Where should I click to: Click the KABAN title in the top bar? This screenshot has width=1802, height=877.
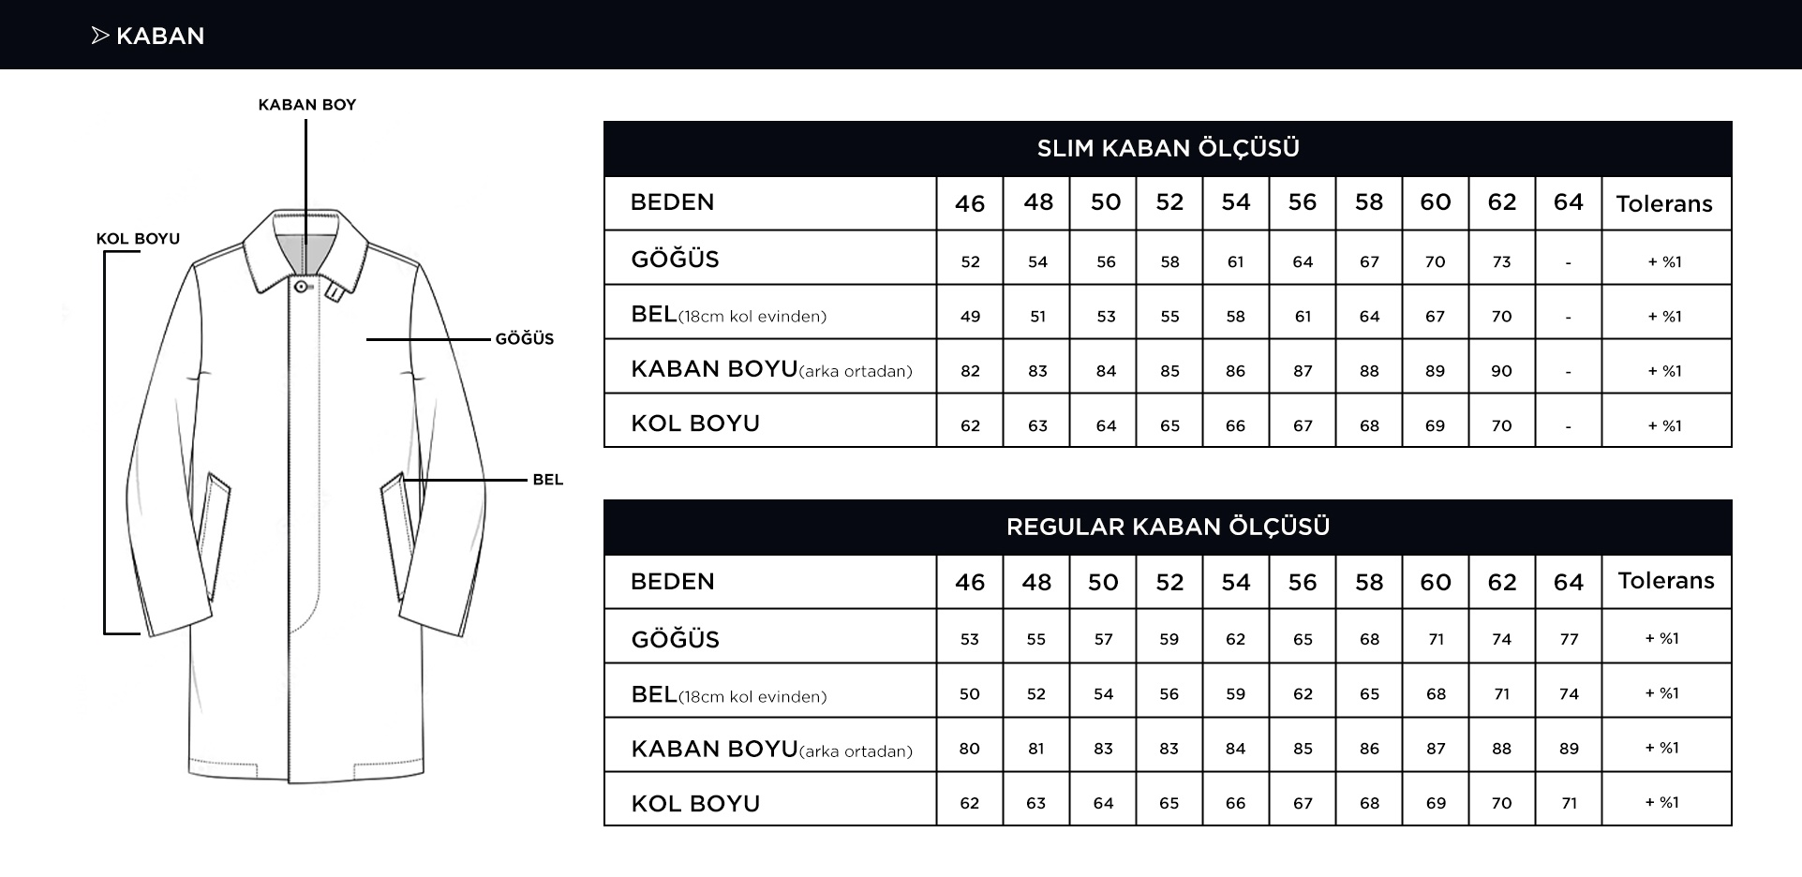pos(159,36)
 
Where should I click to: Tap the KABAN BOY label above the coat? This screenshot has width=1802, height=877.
pos(307,105)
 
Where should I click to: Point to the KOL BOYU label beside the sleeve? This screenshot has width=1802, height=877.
pos(138,239)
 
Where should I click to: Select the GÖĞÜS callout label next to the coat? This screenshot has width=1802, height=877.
pos(525,339)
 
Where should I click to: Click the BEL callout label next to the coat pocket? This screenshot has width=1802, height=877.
pos(547,480)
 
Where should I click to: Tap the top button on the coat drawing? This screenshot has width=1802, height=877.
pos(301,286)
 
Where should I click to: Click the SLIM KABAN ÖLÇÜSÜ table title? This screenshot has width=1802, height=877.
pos(1168,148)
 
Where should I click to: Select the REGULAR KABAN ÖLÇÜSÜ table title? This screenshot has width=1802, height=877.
pos(1168,527)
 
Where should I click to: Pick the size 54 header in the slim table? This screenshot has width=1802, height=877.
pos(1235,202)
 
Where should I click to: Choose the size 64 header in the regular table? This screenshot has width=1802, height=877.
pos(1568,582)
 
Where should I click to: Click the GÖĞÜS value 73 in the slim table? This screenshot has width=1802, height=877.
pos(1501,262)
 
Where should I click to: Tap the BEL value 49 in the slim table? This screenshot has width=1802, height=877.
pos(970,317)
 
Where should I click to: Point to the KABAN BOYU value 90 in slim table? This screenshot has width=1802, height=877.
pos(1501,371)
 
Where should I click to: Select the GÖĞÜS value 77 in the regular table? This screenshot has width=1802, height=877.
pos(1569,640)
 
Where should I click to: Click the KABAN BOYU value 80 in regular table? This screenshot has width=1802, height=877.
pos(969,749)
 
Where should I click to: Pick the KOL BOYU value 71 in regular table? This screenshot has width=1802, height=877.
pos(1569,803)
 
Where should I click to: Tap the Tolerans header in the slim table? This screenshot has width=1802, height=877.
pos(1664,203)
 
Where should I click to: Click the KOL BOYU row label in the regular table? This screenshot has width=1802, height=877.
pos(695,803)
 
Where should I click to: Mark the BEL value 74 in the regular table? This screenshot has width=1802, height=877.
pos(1569,694)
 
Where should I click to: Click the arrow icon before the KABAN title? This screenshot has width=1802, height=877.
pos(100,36)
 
